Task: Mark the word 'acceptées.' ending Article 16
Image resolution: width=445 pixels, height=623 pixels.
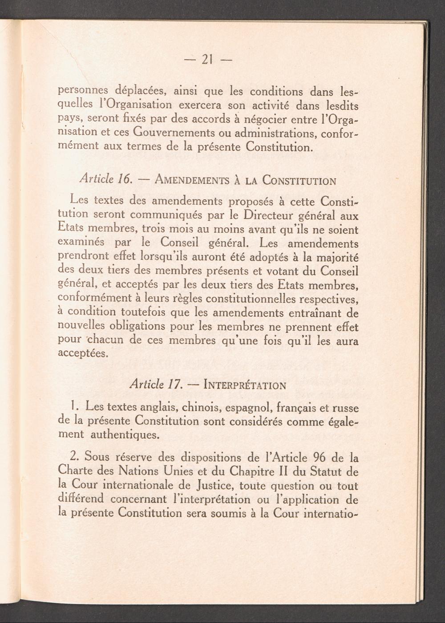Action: click(x=83, y=353)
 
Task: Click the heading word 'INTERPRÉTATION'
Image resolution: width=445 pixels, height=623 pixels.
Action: click(x=244, y=385)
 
